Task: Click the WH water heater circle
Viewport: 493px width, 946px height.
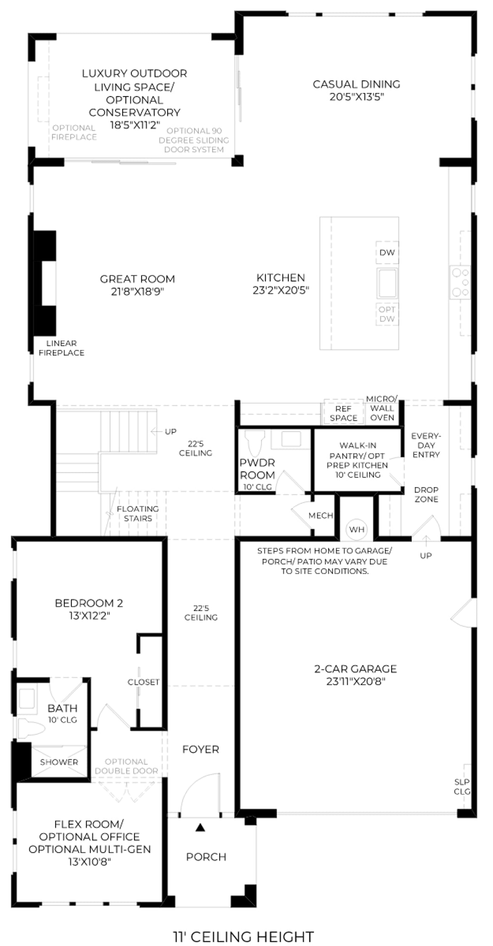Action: click(x=356, y=529)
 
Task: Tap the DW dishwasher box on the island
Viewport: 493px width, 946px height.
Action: click(x=387, y=252)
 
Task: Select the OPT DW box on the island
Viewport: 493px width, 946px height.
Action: click(x=387, y=314)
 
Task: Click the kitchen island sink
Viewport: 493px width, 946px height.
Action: click(x=387, y=283)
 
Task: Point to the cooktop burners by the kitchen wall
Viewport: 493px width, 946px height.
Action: click(x=460, y=282)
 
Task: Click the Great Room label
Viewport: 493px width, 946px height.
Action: click(x=137, y=279)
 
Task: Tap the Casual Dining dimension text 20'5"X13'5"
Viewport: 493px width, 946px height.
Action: click(x=357, y=97)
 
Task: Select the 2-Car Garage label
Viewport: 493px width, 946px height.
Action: click(x=355, y=669)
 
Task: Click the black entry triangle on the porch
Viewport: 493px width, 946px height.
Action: click(x=200, y=827)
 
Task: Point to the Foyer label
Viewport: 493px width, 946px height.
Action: click(x=201, y=749)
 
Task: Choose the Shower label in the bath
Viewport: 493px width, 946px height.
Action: click(x=59, y=762)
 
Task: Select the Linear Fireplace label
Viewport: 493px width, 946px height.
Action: click(x=61, y=348)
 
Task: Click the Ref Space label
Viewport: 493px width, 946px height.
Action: click(x=343, y=413)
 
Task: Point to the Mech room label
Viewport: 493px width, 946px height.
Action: click(x=321, y=515)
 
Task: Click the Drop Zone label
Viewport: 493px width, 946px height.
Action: click(x=426, y=494)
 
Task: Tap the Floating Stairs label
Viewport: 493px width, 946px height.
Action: click(x=138, y=513)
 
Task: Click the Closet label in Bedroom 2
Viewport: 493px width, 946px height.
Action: click(x=143, y=682)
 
